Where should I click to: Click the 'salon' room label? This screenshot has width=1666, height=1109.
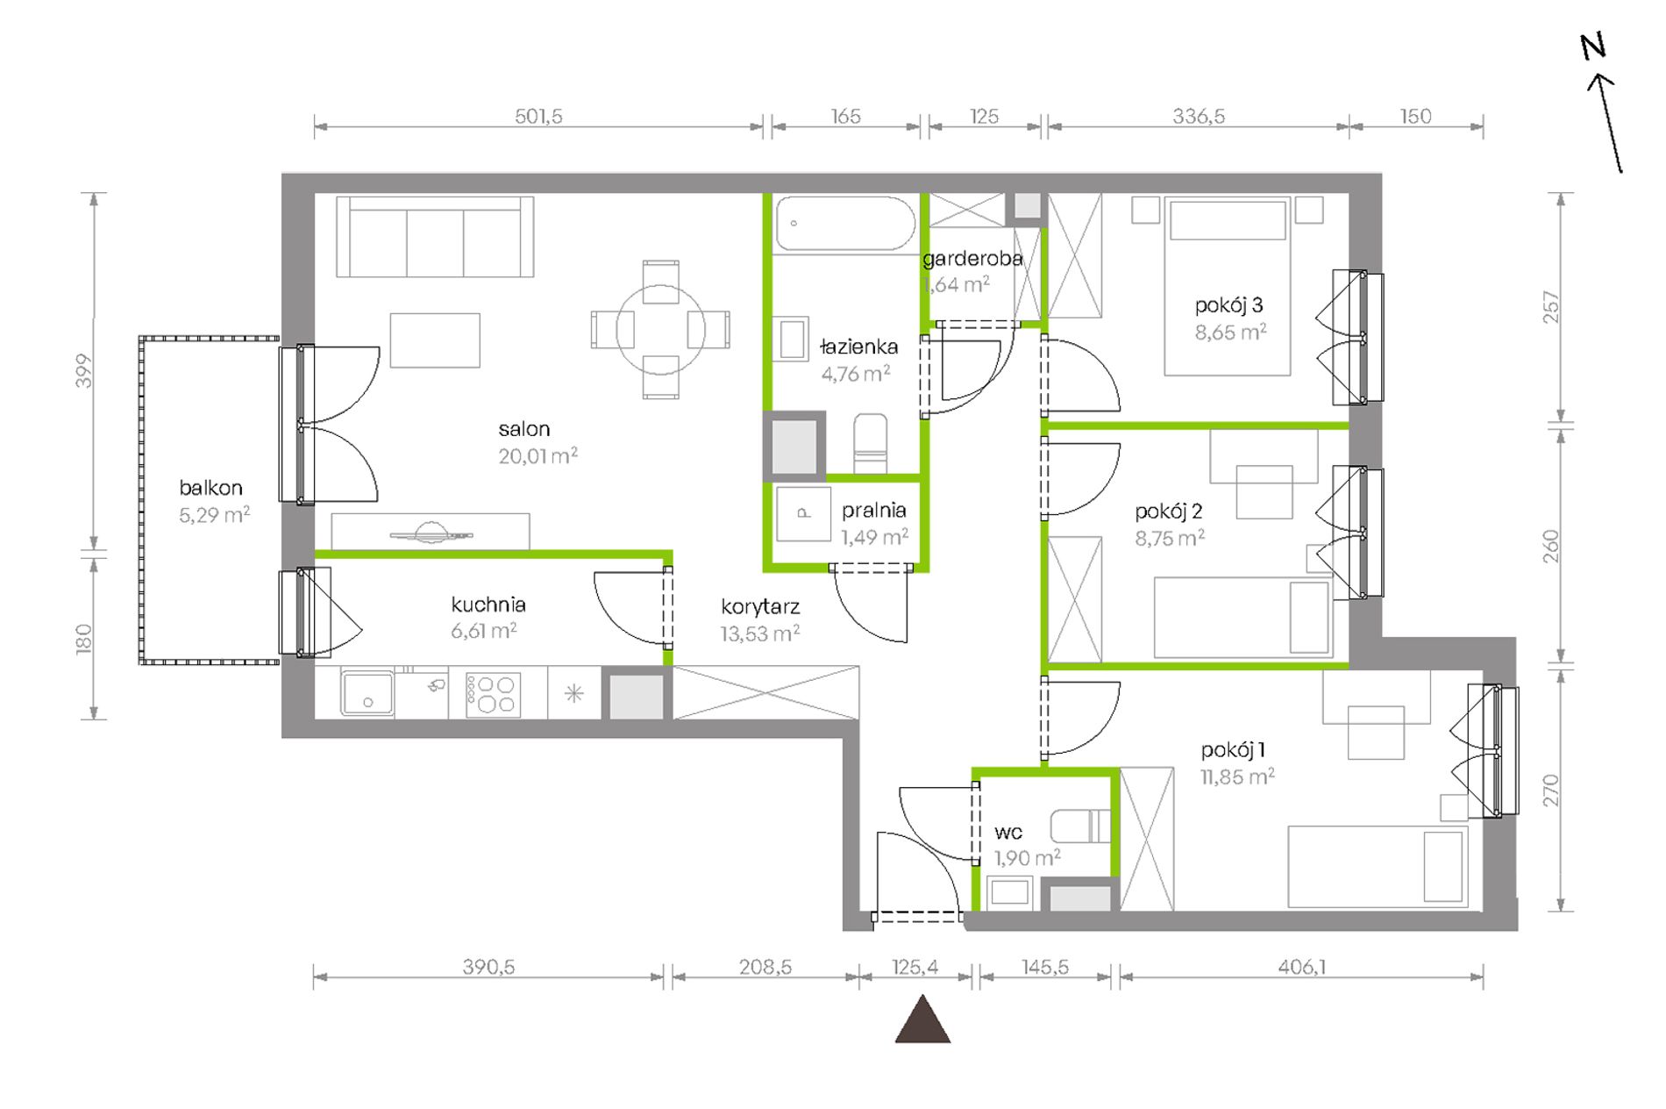pos(524,429)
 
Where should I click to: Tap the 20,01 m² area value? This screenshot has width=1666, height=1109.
pos(538,455)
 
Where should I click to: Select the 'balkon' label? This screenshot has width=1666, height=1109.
pos(210,488)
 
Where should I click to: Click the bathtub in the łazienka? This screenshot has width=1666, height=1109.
pos(845,224)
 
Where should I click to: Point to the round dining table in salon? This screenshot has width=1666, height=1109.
pos(660,329)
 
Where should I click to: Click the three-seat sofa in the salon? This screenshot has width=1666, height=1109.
pos(435,236)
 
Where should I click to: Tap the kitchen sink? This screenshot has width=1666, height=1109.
pos(367,693)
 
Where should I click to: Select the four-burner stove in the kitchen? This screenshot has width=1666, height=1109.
pos(493,694)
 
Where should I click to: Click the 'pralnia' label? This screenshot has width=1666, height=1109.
pos(873,511)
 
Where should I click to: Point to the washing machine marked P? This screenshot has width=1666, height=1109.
pos(803,513)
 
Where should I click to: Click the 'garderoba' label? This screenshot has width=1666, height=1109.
pos(972,259)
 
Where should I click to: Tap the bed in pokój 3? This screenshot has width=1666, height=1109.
pos(1228,287)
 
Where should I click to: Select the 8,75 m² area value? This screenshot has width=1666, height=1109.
pos(1170,538)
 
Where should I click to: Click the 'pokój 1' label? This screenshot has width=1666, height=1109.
pos(1233,750)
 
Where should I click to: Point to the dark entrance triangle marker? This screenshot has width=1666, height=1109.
pos(922,1019)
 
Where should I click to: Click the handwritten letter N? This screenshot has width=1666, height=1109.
pos(1593,47)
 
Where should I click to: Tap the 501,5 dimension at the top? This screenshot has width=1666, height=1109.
pos(538,116)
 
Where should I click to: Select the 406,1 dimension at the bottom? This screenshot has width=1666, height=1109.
pos(1302,967)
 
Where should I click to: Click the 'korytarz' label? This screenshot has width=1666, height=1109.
pos(760,606)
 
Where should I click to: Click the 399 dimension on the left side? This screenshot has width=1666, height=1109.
pos(83,371)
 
